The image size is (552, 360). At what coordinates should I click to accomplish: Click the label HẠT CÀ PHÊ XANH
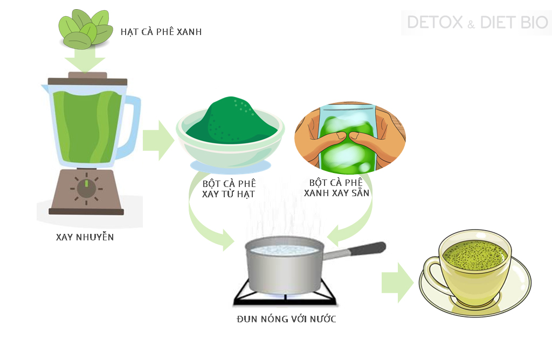point(161,32)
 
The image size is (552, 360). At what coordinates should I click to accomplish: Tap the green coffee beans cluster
point(84,29)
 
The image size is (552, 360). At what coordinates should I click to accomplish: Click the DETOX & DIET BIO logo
point(477,23)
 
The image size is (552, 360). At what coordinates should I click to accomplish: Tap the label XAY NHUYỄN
point(85,237)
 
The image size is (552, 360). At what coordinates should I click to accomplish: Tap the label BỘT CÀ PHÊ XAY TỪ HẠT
point(229,189)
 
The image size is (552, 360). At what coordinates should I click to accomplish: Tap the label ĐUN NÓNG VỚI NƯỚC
point(286,319)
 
